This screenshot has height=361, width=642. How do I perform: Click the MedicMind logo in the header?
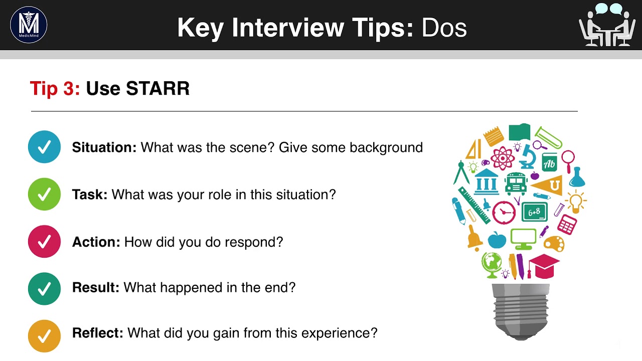pos(29,25)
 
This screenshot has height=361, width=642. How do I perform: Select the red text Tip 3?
pos(55,88)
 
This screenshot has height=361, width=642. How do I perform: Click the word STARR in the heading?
pos(157,88)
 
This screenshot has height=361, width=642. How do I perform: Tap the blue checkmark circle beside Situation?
pos(44,147)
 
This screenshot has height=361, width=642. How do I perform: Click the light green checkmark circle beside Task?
pos(44,194)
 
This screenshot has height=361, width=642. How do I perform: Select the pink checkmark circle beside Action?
pos(44,242)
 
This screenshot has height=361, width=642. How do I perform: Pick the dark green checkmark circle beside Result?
pos(44,288)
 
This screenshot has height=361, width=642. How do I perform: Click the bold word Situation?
pos(104,147)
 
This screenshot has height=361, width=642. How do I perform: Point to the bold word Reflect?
pos(97,332)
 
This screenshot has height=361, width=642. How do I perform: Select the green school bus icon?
pos(516,184)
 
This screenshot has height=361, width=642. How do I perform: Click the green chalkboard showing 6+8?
pos(534,212)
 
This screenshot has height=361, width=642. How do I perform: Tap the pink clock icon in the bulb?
pos(504,212)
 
